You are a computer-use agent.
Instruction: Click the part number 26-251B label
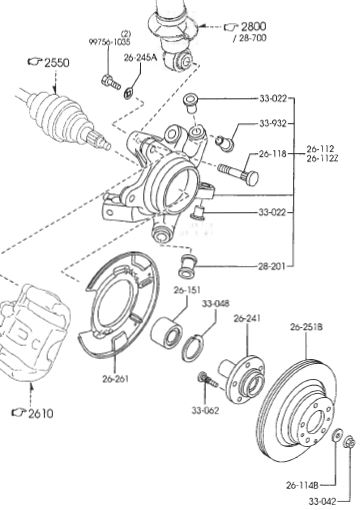click(306, 327)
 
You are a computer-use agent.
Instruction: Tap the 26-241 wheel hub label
click(247, 318)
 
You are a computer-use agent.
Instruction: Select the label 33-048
click(216, 304)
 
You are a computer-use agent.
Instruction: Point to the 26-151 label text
click(187, 290)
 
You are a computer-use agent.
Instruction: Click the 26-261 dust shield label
click(115, 379)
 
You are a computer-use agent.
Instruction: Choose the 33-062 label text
click(205, 411)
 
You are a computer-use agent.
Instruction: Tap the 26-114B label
click(302, 485)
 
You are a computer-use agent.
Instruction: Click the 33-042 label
click(323, 501)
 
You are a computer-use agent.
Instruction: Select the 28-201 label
click(272, 266)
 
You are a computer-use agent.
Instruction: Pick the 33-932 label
click(273, 124)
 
